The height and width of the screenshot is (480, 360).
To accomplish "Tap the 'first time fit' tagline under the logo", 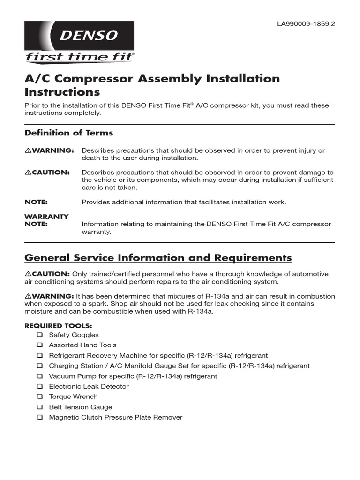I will pos(79,58).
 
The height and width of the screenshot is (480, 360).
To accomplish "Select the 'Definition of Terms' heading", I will pos(68,133).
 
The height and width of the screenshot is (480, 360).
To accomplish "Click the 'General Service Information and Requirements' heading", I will pos(158,258).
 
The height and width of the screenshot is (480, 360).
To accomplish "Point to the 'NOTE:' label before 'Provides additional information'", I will pos(36,202).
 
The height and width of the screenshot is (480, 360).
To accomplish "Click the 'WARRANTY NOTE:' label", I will pos(46,220).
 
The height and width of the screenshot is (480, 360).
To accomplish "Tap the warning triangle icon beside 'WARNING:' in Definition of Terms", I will pos(28,150).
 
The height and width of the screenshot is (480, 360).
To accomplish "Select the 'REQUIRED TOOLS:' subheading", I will pos(58,325).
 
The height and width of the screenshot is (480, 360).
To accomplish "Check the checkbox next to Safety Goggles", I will pos(39,335).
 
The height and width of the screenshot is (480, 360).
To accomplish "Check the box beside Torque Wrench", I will pos(39,397).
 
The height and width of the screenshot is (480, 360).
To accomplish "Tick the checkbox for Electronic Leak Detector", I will pos(39,387).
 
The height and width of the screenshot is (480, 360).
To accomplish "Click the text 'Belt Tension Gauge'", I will pos(81,407).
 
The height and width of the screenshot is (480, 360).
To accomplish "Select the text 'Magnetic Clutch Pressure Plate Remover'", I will pos(116,417).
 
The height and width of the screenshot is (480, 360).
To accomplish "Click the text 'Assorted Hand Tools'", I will pos(83,345).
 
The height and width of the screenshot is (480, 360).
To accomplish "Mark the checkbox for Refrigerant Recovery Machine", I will pos(39,356).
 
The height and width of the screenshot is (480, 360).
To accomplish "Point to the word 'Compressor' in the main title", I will pos(91,78).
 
